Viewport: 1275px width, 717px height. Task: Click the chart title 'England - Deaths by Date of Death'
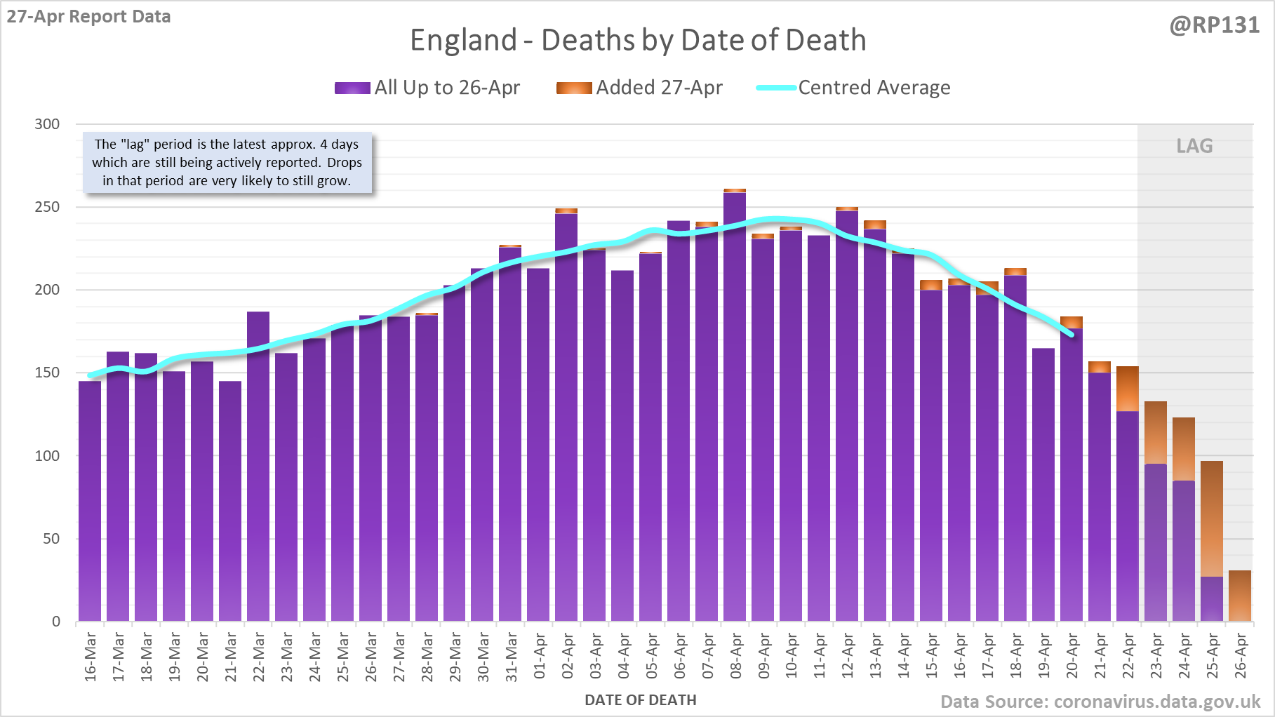[638, 41]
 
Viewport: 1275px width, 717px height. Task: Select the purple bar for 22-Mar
[258, 467]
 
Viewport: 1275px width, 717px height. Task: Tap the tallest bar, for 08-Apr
[735, 407]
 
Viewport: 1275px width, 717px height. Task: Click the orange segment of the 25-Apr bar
[1212, 519]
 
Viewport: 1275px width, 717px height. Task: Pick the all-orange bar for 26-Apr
[1240, 596]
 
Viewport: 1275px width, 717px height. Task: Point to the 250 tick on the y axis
[47, 207]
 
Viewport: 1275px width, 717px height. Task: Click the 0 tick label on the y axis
[56, 622]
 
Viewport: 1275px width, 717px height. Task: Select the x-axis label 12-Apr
[848, 656]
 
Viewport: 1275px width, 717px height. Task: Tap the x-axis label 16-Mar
[91, 656]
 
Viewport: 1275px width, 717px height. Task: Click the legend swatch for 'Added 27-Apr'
[574, 88]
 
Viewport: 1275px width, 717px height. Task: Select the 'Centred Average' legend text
[874, 88]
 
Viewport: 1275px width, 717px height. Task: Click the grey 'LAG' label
[1194, 146]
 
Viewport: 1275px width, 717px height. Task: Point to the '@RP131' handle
[1214, 25]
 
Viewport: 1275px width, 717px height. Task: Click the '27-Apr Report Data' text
[89, 17]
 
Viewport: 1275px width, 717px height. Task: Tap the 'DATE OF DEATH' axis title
[641, 700]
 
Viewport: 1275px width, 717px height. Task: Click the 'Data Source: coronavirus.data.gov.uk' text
[1100, 702]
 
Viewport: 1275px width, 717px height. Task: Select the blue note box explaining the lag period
[227, 163]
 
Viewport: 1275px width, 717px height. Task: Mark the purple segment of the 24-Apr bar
[1184, 551]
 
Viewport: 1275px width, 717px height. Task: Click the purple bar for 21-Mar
[230, 502]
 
